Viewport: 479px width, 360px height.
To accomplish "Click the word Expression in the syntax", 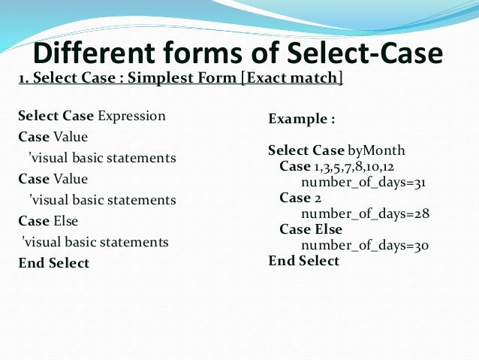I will (131, 116).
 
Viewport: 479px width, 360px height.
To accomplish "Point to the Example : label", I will (301, 119).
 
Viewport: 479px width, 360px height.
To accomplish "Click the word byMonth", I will (378, 150).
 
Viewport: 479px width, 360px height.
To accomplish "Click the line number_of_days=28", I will (365, 213).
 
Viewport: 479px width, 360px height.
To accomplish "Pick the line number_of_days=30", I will (365, 245).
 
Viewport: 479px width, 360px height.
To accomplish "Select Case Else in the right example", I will (311, 229).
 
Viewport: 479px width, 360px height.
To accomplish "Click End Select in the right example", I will (304, 261).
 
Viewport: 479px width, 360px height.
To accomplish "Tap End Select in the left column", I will (53, 263).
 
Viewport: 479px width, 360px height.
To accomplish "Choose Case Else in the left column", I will (48, 221).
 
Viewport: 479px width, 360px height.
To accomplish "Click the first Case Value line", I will (53, 137).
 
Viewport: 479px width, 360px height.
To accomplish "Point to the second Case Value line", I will (53, 179).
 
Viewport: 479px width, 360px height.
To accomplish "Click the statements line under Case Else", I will (95, 242).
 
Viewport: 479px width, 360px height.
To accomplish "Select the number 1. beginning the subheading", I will (23, 77).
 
